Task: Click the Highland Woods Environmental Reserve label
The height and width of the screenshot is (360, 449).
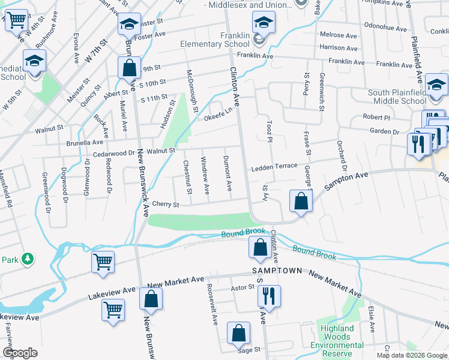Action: click(x=337, y=341)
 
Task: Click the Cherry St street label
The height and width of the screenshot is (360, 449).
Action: click(x=167, y=205)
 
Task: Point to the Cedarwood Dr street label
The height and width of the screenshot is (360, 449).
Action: click(x=112, y=154)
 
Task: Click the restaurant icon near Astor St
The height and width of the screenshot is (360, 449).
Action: click(x=268, y=296)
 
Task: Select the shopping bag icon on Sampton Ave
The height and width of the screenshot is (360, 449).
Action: click(x=301, y=200)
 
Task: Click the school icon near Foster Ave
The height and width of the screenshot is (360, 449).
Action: click(x=129, y=24)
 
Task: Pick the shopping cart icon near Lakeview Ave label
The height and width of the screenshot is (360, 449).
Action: click(x=113, y=310)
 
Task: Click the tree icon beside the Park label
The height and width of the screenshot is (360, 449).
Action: click(x=27, y=259)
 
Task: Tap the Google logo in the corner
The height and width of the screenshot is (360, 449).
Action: click(x=20, y=353)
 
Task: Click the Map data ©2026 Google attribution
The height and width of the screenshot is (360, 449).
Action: click(x=412, y=355)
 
